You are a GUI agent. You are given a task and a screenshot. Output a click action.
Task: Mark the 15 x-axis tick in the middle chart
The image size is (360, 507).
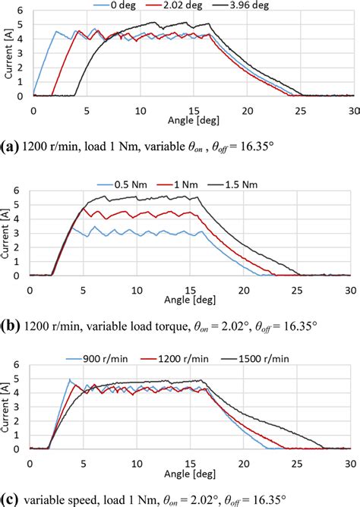(189, 290)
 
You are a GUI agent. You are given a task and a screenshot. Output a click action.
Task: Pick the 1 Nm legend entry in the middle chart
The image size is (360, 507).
(191, 185)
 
